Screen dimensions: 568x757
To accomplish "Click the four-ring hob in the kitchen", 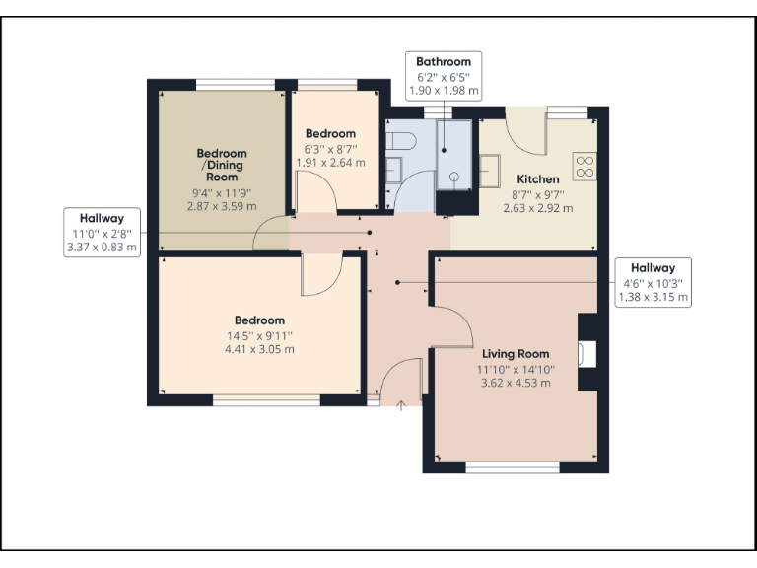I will pos(585,166).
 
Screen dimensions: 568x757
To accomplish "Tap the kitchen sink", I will pos(490,169).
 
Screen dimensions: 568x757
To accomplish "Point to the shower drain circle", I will pos(455,177).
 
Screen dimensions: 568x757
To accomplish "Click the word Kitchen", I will pos(537,179).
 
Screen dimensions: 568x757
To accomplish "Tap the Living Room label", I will pos(516,354).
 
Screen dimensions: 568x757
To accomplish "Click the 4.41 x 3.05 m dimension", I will pos(259,349).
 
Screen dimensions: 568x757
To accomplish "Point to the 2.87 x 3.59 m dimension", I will pos(222,206).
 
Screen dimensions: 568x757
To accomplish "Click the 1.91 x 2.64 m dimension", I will pos(330,163).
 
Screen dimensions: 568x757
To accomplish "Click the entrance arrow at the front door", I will pos(401,405).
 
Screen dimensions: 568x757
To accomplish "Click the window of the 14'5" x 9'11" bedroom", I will pos(266,400).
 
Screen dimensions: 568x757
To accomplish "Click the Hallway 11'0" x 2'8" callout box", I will pos(103,233).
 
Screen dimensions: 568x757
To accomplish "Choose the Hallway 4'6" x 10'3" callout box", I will pos(653,282).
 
